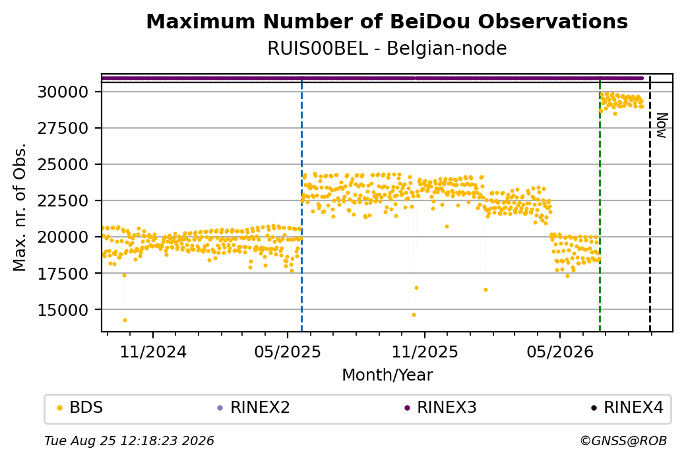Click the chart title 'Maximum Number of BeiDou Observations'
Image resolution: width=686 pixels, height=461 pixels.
[387, 21]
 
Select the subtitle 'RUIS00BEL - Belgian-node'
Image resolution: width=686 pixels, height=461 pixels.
[387, 48]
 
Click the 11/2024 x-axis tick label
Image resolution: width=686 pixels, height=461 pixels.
[153, 352]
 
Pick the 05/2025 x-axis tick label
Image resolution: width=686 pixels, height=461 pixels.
[288, 352]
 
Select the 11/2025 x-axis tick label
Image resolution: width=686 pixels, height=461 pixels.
[424, 352]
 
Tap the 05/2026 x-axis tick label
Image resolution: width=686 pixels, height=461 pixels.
[560, 352]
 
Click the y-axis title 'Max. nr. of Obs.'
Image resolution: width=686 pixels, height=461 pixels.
[20, 207]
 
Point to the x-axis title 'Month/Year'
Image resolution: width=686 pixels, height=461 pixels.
[387, 375]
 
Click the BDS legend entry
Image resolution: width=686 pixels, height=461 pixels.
[80, 408]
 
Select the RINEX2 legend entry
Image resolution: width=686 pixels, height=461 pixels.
[254, 408]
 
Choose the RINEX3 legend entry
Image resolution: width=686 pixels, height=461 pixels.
[441, 408]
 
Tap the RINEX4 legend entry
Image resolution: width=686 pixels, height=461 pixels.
[627, 408]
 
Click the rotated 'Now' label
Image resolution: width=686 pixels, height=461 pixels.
[662, 125]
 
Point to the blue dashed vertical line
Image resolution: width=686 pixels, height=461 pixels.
[302, 203]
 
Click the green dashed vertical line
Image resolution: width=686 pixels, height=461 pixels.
[600, 203]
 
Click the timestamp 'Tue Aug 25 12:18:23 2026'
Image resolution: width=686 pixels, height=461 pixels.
[129, 441]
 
